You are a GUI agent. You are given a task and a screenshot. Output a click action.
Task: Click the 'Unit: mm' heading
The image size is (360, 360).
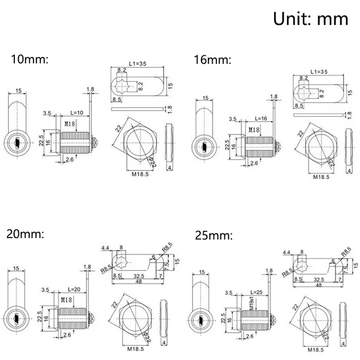(310, 19)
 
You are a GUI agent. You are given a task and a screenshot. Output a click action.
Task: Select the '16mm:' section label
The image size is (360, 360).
(212, 59)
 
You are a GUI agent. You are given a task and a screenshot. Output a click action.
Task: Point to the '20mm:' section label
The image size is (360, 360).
(26, 234)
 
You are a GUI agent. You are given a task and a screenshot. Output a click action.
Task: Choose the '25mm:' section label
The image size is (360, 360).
(214, 235)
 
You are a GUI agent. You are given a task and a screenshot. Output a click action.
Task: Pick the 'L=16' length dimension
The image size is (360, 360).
(261, 118)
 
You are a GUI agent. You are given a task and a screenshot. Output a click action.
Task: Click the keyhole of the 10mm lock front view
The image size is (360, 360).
(16, 143)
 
